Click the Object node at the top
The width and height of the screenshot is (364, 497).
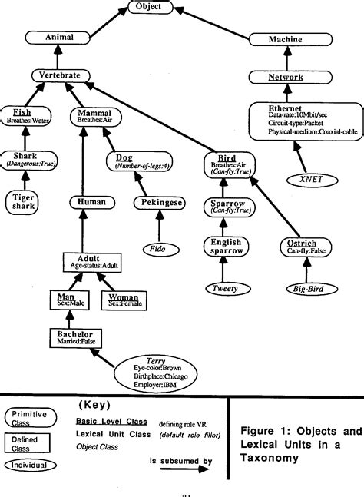pyautogui.click(x=144, y=6)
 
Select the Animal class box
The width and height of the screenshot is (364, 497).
pyautogui.click(x=58, y=37)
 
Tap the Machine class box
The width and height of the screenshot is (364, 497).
pyautogui.click(x=284, y=38)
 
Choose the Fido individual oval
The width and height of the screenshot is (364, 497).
pyautogui.click(x=158, y=250)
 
